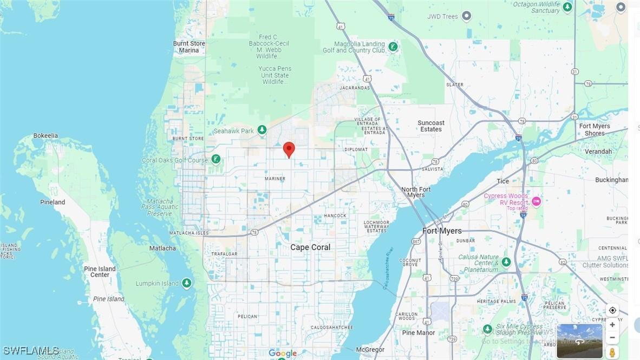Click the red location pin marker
[289, 149]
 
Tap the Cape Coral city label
[310, 247]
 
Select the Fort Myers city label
[442, 231]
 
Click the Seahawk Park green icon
[262, 130]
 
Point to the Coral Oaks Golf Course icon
[216, 159]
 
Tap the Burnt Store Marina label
[189, 47]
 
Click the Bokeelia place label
[45, 136]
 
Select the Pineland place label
[53, 202]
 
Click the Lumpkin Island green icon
[187, 283]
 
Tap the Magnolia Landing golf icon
[393, 47]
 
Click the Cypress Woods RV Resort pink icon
[537, 201]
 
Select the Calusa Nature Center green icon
[506, 262]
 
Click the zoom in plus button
[612, 325]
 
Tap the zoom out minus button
[612, 338]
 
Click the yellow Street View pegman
[612, 352]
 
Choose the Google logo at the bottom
[283, 354]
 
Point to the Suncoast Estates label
[431, 126]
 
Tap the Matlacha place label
[162, 248]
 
